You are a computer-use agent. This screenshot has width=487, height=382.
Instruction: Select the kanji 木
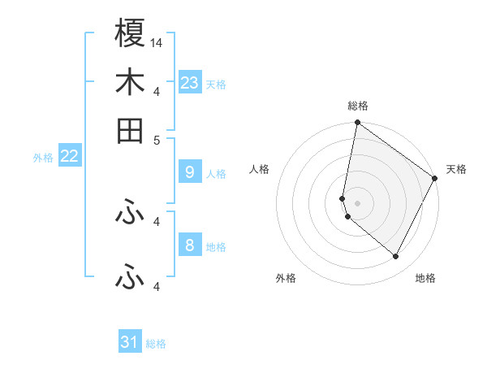(130, 82)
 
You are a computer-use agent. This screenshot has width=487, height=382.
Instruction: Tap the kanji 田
(130, 130)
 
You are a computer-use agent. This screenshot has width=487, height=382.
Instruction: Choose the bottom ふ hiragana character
(130, 278)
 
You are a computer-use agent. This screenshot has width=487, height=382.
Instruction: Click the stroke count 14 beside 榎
(157, 42)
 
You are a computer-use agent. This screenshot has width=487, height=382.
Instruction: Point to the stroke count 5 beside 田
(157, 139)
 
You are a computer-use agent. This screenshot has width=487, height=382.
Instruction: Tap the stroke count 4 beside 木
(157, 91)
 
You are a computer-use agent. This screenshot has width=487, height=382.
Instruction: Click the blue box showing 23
(190, 83)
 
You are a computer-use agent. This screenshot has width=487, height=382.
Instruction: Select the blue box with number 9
(189, 172)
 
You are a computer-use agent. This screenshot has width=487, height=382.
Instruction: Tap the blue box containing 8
(189, 245)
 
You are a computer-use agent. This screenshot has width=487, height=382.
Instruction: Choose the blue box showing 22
(69, 157)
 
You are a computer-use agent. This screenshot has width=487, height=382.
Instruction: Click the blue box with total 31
(130, 342)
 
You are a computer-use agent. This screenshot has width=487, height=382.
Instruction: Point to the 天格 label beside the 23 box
(216, 85)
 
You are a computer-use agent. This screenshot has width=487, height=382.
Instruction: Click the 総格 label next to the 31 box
(156, 344)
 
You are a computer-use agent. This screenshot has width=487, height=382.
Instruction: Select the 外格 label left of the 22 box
(43, 158)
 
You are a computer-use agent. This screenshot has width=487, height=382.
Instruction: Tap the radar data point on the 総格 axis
(357, 124)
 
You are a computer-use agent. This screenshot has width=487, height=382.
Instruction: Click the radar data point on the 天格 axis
(435, 179)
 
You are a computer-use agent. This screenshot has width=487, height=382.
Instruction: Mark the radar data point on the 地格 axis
(395, 257)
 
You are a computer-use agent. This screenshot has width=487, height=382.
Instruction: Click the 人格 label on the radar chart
(260, 169)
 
